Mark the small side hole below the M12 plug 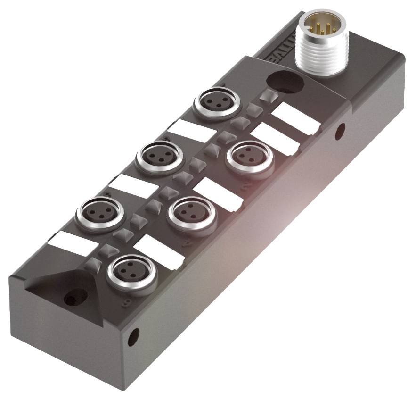tap(340, 131)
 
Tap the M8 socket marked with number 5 tap(99, 211)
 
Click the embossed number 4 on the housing tap(186, 243)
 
